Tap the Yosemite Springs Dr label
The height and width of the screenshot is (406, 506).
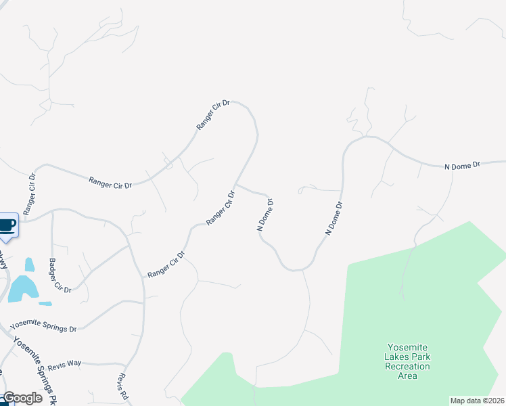(x=44, y=324)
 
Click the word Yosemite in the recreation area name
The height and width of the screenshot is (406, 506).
(x=408, y=347)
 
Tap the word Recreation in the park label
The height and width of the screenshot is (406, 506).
(x=408, y=366)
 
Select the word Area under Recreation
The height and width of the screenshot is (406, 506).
(x=408, y=376)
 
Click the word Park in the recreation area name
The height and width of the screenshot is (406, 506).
(x=421, y=357)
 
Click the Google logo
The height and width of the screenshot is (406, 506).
(x=22, y=398)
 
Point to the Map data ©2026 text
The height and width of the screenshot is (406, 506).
(x=477, y=401)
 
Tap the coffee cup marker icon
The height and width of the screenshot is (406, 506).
(x=7, y=225)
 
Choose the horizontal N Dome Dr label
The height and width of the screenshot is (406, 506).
(x=461, y=164)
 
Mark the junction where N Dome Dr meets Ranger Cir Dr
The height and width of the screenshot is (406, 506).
(x=235, y=184)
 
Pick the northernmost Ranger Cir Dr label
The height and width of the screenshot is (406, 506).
(x=213, y=115)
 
